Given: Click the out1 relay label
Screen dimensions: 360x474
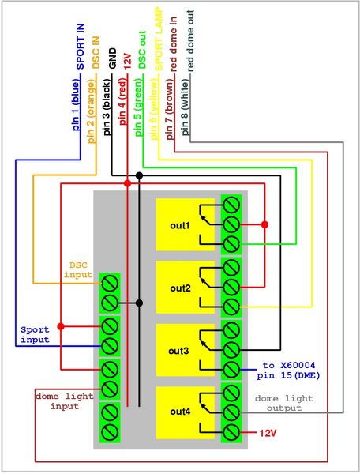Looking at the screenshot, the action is [180, 225].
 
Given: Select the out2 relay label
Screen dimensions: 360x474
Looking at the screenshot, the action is [180, 288].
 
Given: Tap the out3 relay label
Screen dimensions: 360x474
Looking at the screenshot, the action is [178, 351].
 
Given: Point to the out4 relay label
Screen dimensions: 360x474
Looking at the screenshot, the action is [180, 412].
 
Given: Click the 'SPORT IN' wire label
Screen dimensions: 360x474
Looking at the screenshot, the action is [81, 47].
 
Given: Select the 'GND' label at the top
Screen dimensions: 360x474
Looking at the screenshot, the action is [112, 58].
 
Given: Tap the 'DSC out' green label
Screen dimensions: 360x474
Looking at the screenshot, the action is [142, 50].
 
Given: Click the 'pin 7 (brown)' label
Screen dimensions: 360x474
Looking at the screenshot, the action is [170, 109].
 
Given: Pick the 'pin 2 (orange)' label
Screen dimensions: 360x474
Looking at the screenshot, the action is [92, 111].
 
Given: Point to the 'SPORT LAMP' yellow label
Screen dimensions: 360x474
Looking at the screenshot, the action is [159, 39].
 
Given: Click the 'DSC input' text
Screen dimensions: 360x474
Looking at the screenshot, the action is [78, 270].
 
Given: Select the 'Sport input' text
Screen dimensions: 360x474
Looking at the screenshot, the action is [35, 334].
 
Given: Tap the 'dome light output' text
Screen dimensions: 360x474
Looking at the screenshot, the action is [284, 403].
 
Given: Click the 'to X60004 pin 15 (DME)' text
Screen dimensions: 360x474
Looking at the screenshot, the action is [288, 371].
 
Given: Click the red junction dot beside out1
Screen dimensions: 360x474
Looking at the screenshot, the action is [264, 224].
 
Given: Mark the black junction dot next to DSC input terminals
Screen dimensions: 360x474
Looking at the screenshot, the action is [139, 303].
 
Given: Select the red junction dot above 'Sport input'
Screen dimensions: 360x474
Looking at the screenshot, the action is [61, 326].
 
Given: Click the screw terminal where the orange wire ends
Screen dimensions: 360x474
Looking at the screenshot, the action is [110, 284].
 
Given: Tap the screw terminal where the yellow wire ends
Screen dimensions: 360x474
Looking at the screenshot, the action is [231, 307].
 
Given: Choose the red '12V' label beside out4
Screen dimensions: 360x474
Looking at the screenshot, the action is [268, 433].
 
